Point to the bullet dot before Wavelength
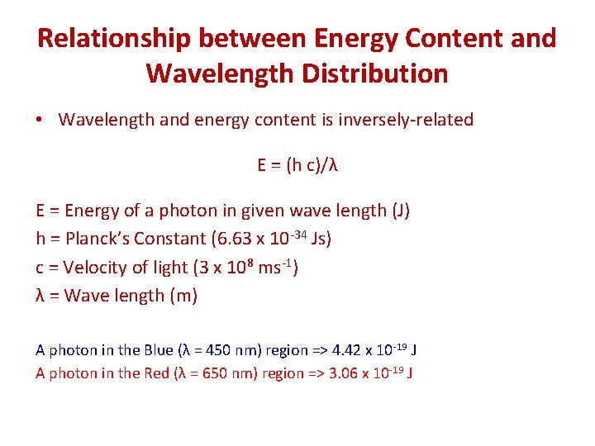[x=40, y=121]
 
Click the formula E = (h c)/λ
[x=297, y=165]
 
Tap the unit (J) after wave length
[x=400, y=211]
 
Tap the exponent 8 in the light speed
[x=248, y=262]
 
